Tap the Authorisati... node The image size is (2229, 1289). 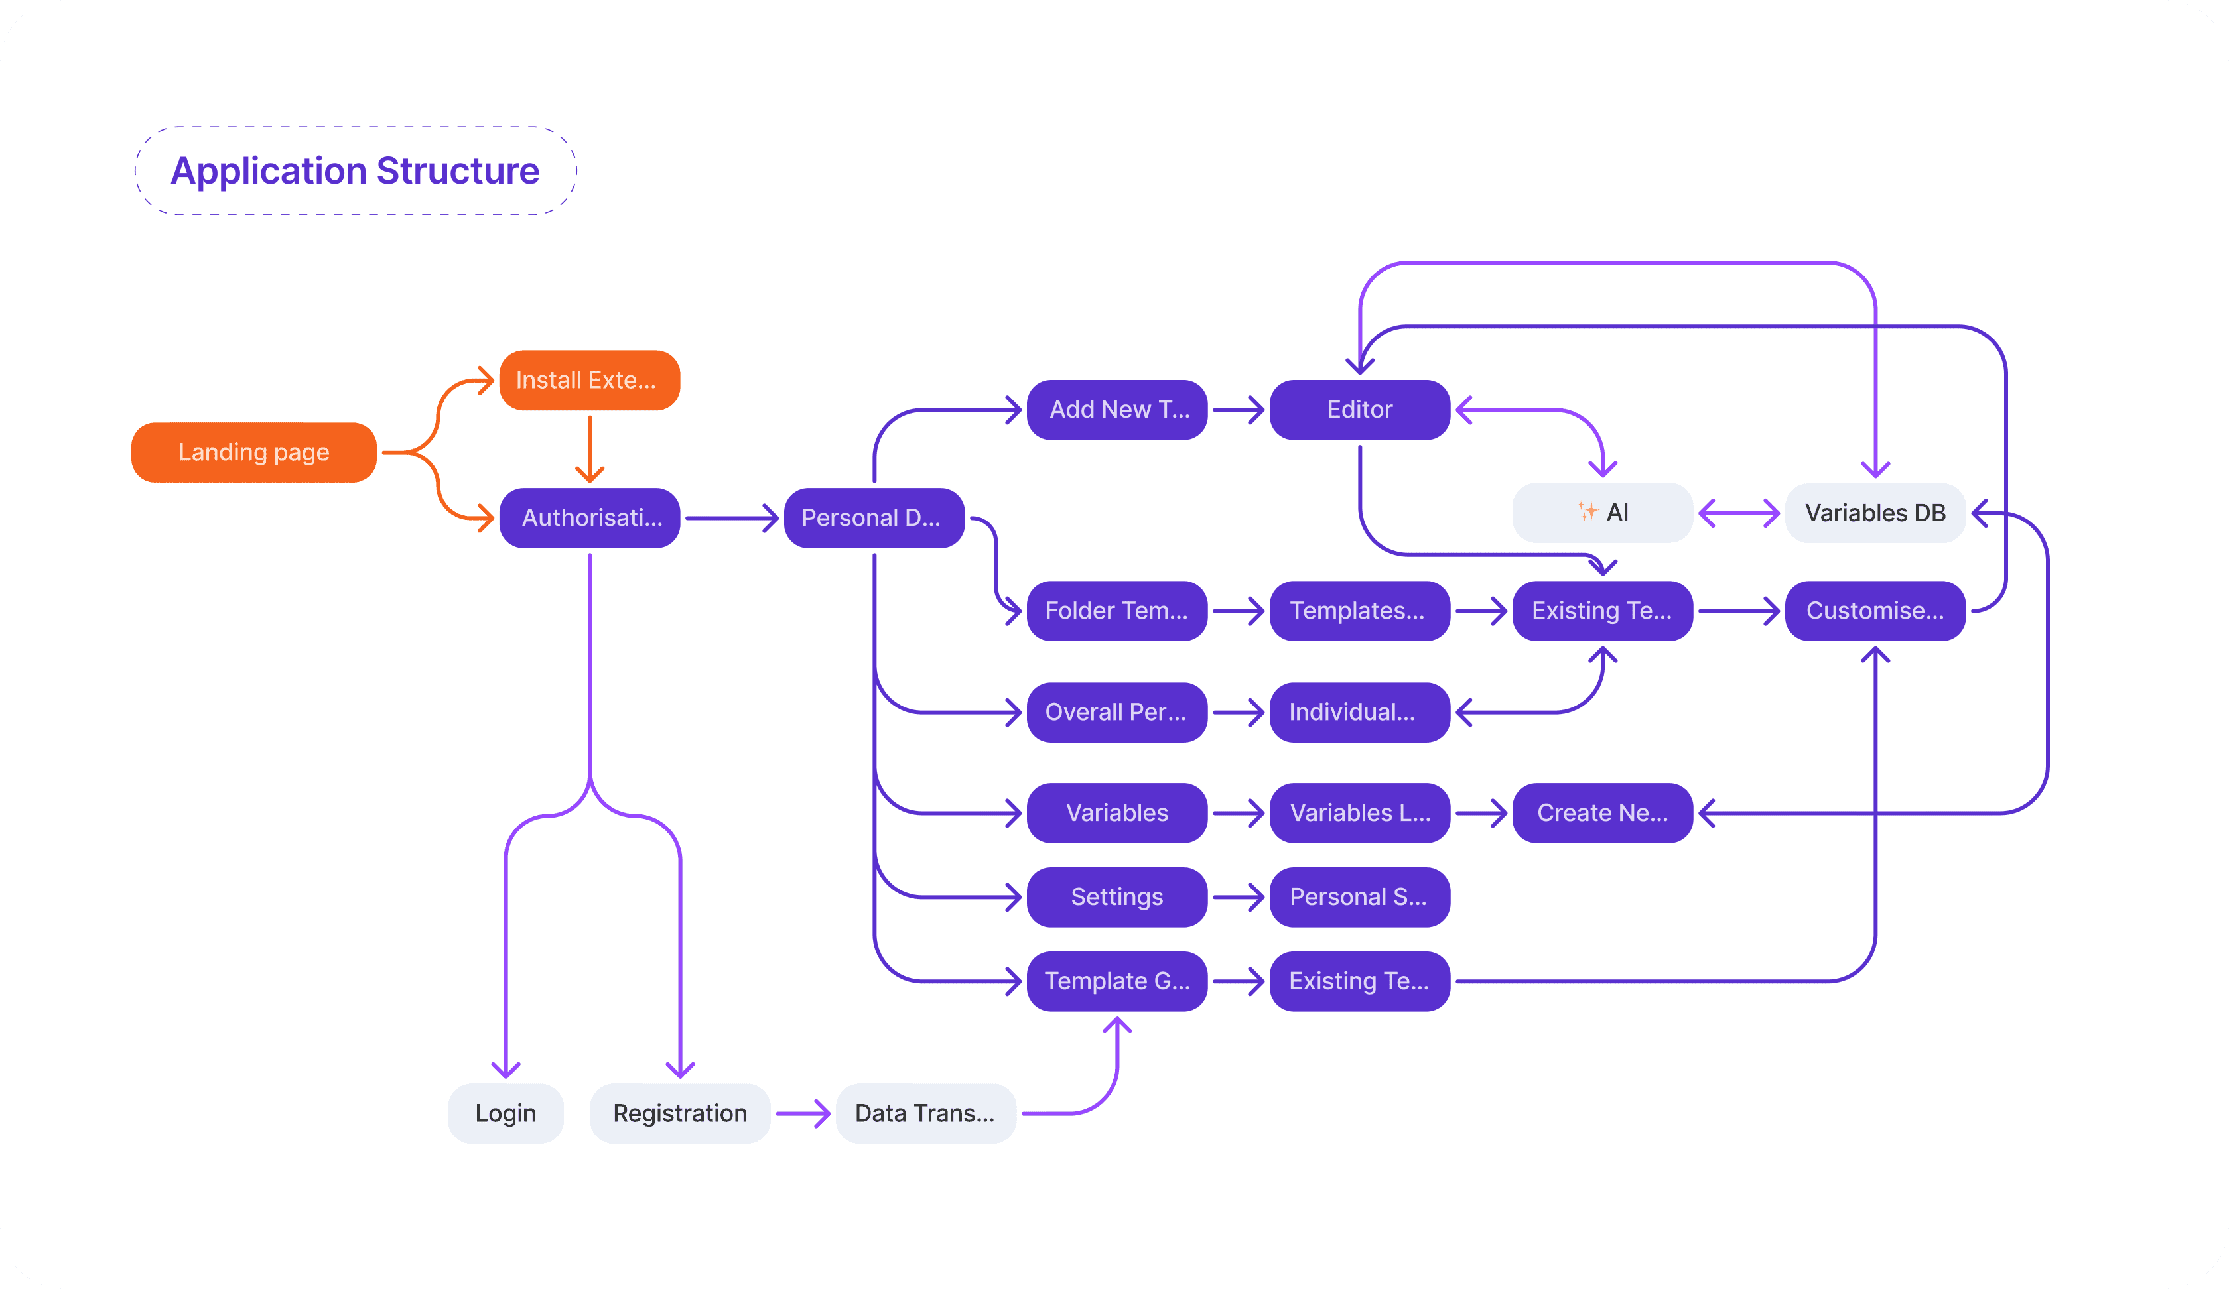pyautogui.click(x=589, y=518)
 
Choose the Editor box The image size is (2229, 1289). pyautogui.click(x=1359, y=409)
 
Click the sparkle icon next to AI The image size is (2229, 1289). pyautogui.click(x=1587, y=511)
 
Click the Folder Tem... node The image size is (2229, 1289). pyautogui.click(x=1116, y=611)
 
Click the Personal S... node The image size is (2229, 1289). pyautogui.click(x=1359, y=896)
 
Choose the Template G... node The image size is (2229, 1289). pyautogui.click(x=1116, y=981)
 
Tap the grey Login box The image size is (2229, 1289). pyautogui.click(x=505, y=1113)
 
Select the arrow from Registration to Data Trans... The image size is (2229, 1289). pyautogui.click(x=802, y=1113)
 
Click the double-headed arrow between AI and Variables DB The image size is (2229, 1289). pyautogui.click(x=1738, y=513)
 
